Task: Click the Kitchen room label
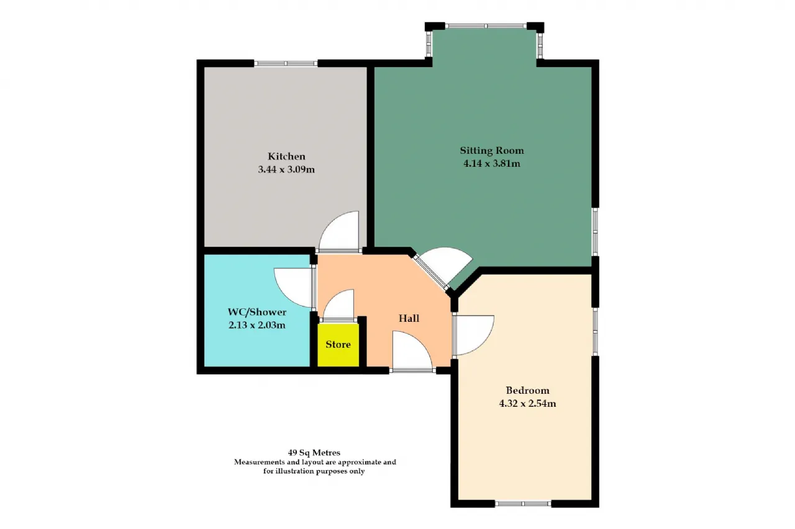[286, 156]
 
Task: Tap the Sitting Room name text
[492, 151]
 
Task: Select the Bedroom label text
[527, 391]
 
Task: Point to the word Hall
[409, 318]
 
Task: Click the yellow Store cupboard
[338, 345]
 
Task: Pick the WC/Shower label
[257, 312]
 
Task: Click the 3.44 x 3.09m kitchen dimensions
[286, 169]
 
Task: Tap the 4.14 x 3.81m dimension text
[492, 164]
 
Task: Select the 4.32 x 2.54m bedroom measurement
[527, 404]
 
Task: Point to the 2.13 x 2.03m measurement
[257, 325]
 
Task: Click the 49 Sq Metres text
[314, 453]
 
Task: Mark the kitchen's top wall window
[286, 63]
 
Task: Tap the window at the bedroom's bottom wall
[523, 504]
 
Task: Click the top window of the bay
[486, 26]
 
